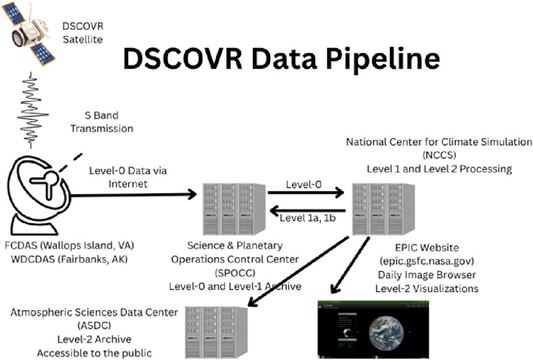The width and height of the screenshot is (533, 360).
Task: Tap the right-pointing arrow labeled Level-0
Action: click(305, 193)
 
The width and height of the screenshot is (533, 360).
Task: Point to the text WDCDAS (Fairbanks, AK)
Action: click(69, 258)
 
